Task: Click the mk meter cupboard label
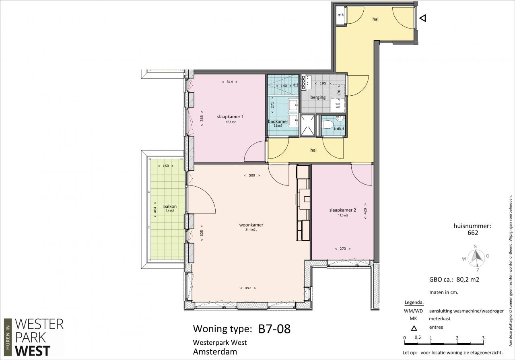tap(340, 15)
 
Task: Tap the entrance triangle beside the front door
tap(423, 18)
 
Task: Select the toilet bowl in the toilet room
tap(328, 125)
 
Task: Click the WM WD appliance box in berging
tap(338, 105)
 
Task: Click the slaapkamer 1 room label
tap(231, 117)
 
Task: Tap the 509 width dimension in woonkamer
tap(252, 175)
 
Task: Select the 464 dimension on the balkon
tap(155, 210)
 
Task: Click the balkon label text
tap(170, 206)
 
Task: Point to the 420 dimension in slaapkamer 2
tap(365, 211)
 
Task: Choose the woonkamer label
tap(251, 225)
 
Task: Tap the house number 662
tap(473, 233)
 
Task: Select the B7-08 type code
tap(274, 329)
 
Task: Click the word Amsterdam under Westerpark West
tap(215, 352)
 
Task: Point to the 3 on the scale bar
tap(483, 338)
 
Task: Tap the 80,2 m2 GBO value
tap(468, 279)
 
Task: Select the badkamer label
tap(278, 121)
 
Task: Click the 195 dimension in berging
tap(323, 83)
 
